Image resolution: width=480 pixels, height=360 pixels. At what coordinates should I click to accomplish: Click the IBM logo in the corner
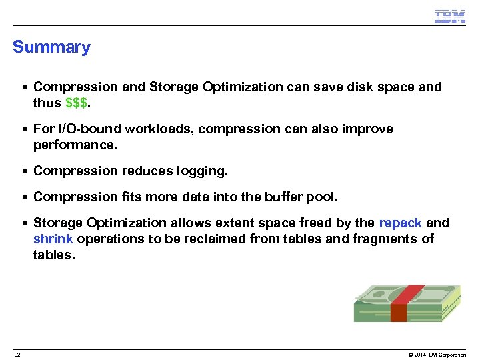[x=449, y=17]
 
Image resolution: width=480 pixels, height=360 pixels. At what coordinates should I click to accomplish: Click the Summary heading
[x=51, y=47]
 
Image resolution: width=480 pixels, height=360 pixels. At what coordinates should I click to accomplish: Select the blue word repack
[x=400, y=223]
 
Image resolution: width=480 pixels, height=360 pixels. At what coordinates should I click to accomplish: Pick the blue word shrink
[x=53, y=239]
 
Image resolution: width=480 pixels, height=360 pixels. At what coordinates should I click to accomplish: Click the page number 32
[x=17, y=355]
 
